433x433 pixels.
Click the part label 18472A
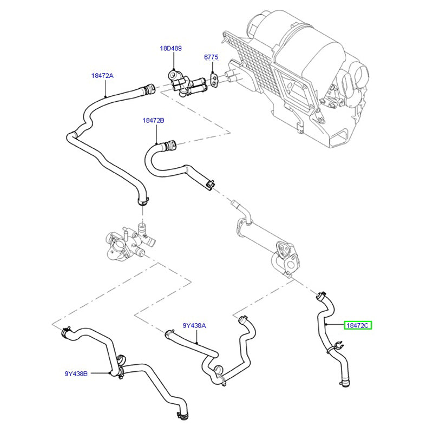(102, 76)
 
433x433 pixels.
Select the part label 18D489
(170, 48)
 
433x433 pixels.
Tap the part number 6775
(211, 57)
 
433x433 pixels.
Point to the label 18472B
(153, 121)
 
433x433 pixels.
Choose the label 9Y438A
(194, 325)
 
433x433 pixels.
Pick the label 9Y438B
(76, 373)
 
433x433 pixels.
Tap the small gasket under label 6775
(215, 79)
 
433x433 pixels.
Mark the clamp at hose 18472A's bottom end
(142, 201)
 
